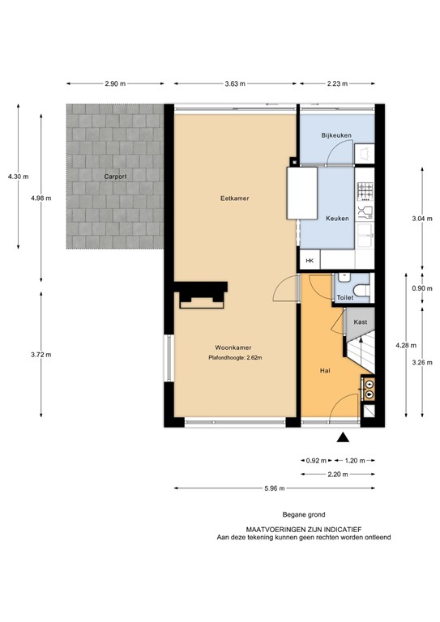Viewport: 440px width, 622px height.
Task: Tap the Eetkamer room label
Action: [233, 198]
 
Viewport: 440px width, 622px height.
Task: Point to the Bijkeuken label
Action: [334, 134]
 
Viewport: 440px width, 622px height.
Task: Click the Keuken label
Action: [337, 219]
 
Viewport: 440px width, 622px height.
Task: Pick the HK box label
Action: [310, 261]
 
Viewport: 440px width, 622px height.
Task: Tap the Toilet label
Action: [345, 298]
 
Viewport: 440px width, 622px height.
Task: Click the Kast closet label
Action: [361, 322]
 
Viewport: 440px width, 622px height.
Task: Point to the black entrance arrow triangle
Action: [343, 437]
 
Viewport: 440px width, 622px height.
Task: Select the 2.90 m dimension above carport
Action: [116, 83]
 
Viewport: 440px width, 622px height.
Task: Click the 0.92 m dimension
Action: [313, 460]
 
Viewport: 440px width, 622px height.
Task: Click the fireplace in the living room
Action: [203, 296]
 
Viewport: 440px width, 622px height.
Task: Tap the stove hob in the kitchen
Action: [365, 191]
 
